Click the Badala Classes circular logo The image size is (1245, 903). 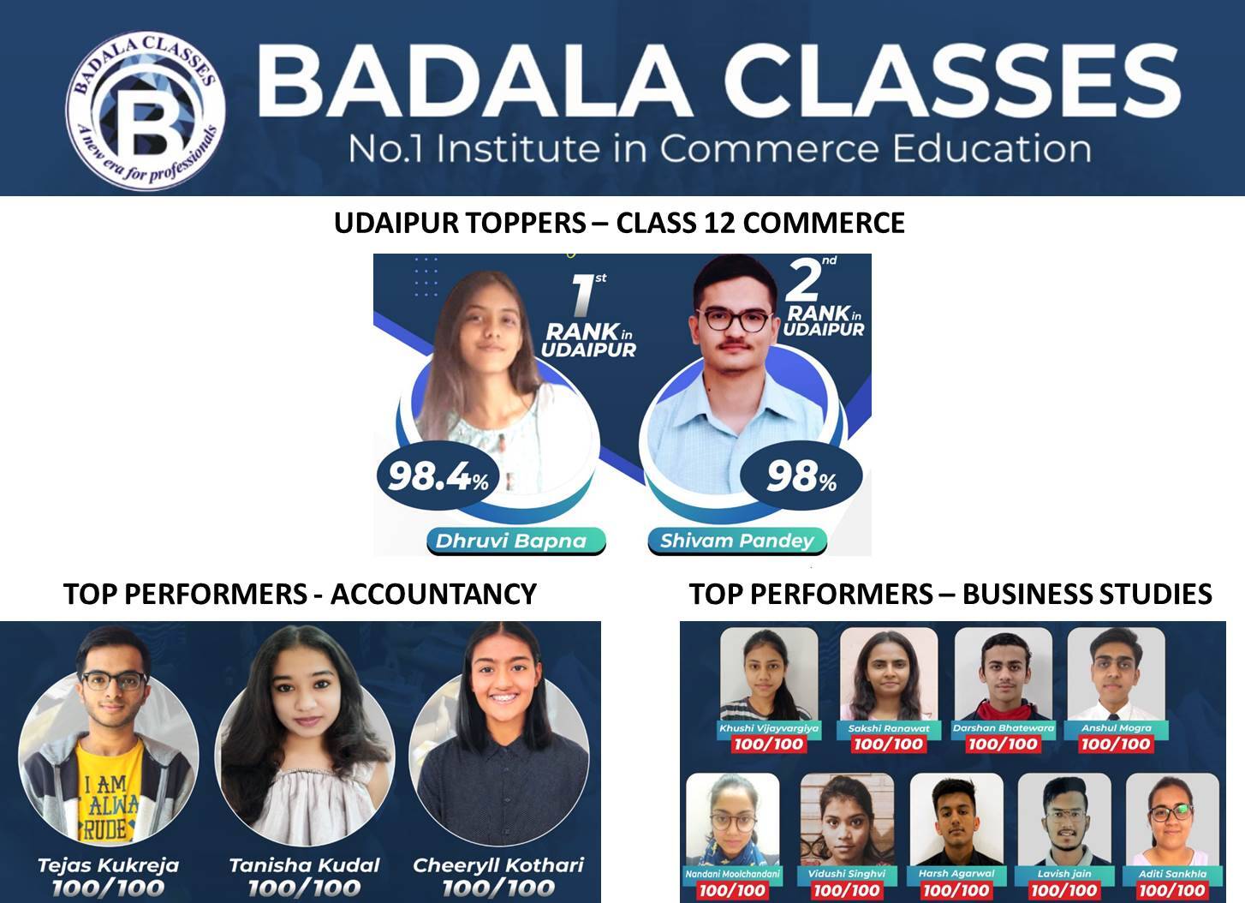146,111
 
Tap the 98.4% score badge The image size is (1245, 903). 438,476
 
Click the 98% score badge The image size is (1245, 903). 801,476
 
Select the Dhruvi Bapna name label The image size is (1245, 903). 511,541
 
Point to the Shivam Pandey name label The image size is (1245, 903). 736,541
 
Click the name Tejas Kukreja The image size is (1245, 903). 108,865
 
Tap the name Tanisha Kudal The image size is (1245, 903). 304,865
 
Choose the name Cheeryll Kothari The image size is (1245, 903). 498,865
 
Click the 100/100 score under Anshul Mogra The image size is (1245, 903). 1115,745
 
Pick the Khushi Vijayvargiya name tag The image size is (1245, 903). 769,728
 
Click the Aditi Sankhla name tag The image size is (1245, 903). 1172,874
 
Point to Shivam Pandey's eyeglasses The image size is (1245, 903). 734,320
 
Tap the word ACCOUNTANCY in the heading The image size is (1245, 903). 433,594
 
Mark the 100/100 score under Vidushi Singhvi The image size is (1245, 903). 846,891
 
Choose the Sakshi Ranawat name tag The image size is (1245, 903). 888,728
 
